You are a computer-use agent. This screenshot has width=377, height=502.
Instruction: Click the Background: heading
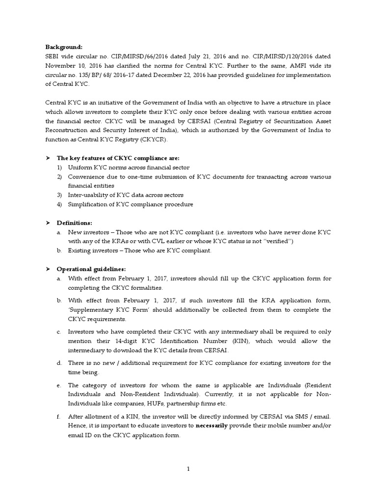64,47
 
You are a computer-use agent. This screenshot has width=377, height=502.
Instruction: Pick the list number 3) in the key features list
59,195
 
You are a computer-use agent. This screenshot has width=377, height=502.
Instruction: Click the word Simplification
89,204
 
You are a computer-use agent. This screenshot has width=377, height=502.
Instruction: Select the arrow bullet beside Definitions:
48,223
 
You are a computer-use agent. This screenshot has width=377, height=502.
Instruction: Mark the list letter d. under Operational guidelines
59,363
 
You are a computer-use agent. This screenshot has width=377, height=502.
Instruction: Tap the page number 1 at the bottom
188,469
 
